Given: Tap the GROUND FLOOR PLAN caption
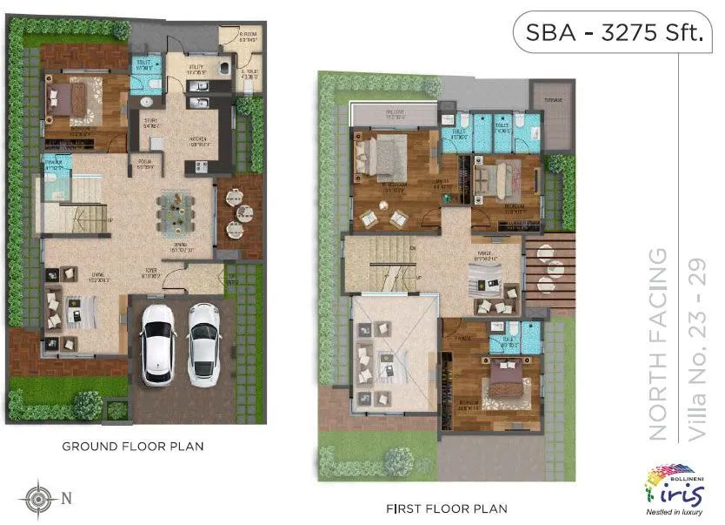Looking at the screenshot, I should click(x=132, y=447).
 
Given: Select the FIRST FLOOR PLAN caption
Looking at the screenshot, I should click(x=447, y=508).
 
